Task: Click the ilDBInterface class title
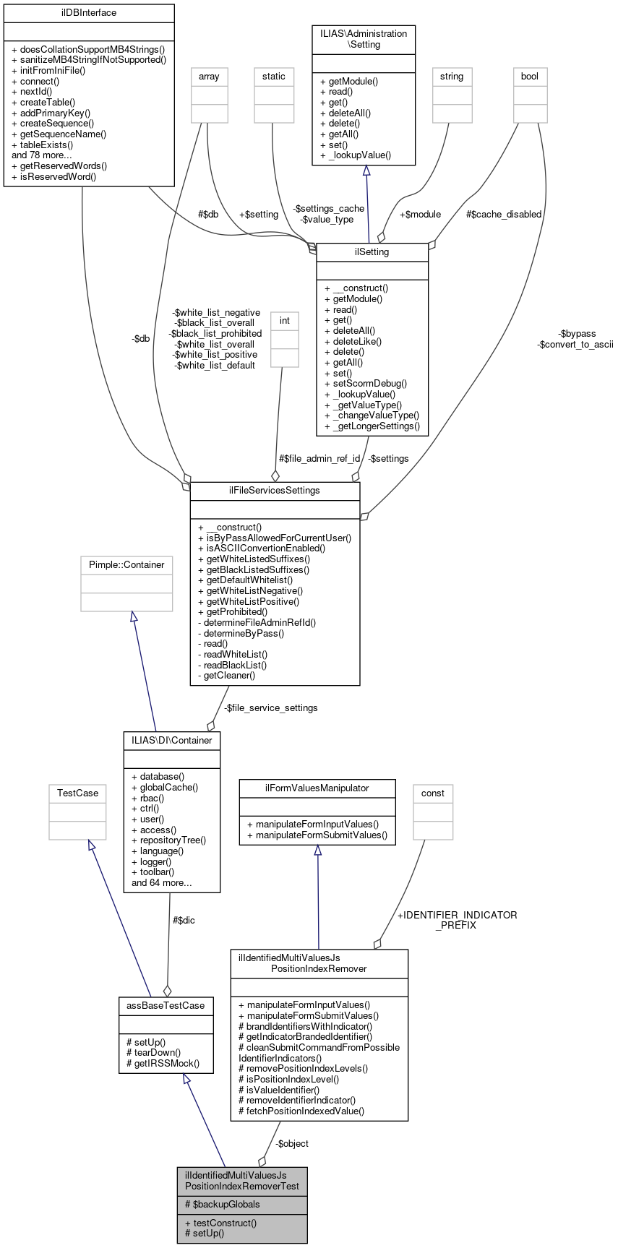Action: [x=89, y=13]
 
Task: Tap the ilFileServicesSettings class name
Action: [x=275, y=490]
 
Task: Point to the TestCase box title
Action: [x=77, y=793]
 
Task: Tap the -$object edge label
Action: [x=292, y=1143]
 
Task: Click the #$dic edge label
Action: [x=184, y=920]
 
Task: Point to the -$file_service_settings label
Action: [x=270, y=707]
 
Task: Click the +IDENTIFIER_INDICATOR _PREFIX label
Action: [x=457, y=920]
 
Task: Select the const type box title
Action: [x=433, y=793]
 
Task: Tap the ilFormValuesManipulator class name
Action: [x=317, y=788]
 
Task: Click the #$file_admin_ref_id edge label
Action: [x=319, y=458]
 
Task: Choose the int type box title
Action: [x=284, y=319]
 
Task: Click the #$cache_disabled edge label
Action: [x=504, y=214]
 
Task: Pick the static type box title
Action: [x=274, y=76]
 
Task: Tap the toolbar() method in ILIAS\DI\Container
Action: [x=155, y=872]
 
